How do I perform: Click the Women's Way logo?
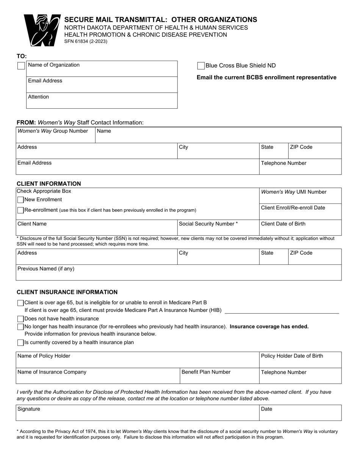42,30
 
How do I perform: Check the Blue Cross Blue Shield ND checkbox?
201,66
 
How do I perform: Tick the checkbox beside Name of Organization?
21,66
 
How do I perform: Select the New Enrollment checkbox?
20,200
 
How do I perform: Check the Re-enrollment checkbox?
20,210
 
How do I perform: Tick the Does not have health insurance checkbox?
20,319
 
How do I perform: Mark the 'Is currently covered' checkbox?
20,343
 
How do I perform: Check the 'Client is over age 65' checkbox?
20,303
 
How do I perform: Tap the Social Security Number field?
218,229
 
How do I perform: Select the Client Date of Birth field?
300,229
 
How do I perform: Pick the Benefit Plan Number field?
219,377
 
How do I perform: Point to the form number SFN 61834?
86,42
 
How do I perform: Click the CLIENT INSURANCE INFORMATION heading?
67,292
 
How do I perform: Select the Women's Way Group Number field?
55,136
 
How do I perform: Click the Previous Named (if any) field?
178,274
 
